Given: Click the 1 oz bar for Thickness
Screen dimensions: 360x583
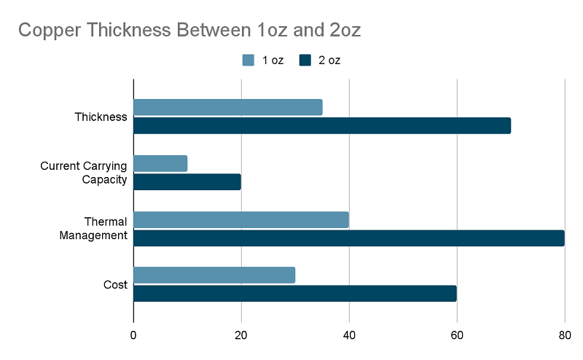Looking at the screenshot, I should click(x=227, y=107).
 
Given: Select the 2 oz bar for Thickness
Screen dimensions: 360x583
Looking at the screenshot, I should click(x=321, y=125).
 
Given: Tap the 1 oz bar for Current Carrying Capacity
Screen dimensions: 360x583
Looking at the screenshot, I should click(x=160, y=163).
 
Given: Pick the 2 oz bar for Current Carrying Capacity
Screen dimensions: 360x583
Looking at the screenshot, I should click(x=187, y=181).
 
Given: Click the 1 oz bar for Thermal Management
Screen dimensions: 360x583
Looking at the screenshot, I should click(x=241, y=219).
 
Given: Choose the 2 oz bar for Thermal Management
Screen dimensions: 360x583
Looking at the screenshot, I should click(x=348, y=238).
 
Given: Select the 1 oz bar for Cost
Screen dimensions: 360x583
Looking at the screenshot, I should click(x=214, y=275).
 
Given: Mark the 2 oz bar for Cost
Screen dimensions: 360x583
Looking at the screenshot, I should click(x=294, y=293).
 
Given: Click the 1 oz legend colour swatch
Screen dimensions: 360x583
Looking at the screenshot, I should click(x=249, y=60).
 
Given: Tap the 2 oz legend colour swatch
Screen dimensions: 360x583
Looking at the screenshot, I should click(x=305, y=60).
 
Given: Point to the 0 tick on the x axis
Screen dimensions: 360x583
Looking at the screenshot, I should click(x=133, y=335).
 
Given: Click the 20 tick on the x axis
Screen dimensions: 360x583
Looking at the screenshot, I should click(x=241, y=335).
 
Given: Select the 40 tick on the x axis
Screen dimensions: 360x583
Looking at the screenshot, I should click(x=349, y=335).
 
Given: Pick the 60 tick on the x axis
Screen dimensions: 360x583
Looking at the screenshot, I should click(x=457, y=335).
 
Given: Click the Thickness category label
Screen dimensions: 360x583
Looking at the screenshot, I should click(x=101, y=117).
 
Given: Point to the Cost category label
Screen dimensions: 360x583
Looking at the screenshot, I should click(x=116, y=285).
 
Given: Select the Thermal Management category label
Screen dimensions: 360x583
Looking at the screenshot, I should click(x=95, y=229).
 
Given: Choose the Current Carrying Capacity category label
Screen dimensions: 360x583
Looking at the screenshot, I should click(x=84, y=173).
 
